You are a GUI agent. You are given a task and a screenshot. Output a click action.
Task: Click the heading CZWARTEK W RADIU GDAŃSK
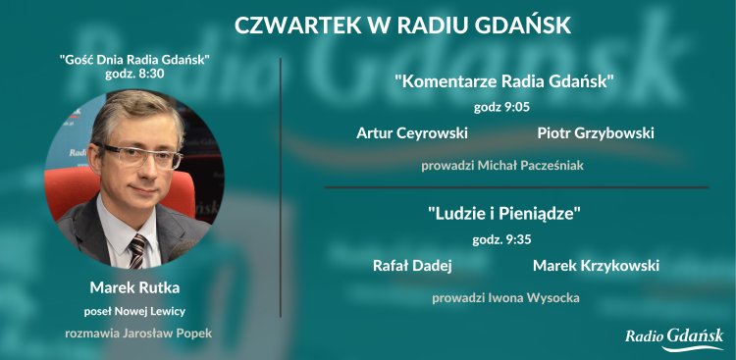(x=402, y=25)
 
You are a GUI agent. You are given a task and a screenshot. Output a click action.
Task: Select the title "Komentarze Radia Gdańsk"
(x=504, y=80)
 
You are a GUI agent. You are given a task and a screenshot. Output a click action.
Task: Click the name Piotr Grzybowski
(x=596, y=133)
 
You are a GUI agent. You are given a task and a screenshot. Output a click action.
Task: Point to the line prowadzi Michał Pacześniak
(x=502, y=166)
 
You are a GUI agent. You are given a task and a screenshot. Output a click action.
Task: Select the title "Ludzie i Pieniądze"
(x=504, y=212)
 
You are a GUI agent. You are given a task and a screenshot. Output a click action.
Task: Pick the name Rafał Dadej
(x=412, y=266)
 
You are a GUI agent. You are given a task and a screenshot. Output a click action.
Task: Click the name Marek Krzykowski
(x=596, y=266)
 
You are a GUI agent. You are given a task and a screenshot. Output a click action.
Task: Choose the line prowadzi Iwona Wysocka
(x=505, y=297)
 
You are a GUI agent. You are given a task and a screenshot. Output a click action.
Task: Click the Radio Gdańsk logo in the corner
(x=674, y=337)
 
